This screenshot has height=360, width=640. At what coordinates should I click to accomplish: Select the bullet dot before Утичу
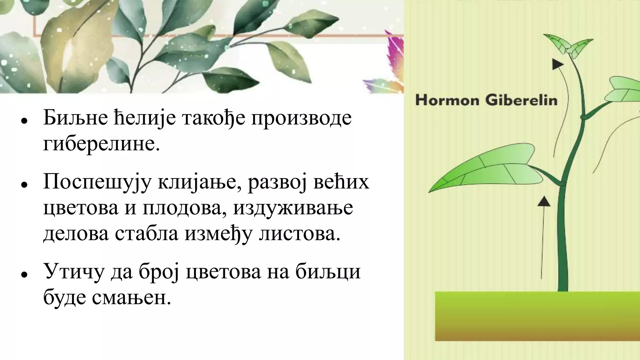click(23, 274)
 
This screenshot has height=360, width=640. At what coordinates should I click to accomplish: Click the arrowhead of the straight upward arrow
click(544, 201)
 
